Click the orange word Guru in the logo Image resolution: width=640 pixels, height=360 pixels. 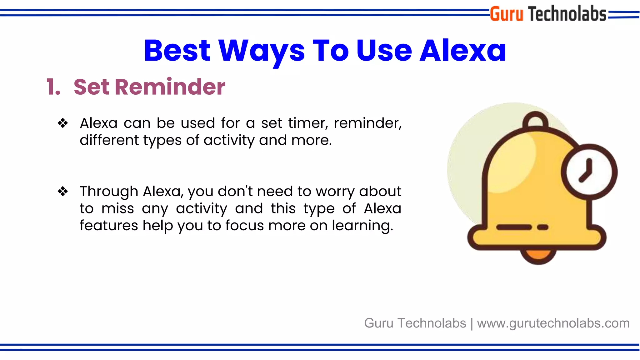tap(506, 14)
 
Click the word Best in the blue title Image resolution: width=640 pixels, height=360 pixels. tap(177, 51)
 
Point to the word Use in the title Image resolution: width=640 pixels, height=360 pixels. tap(384, 51)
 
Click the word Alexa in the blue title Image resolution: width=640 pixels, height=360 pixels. tap(462, 51)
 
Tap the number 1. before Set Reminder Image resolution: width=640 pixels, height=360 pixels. tap(53, 87)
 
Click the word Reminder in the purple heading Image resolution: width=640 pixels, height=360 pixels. tap(170, 87)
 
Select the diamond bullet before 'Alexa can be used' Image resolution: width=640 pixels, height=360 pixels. tap(63, 123)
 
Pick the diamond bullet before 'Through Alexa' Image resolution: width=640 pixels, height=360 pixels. tap(63, 191)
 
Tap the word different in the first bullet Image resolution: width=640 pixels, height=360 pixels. tap(109, 140)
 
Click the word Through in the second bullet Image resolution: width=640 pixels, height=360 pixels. tap(109, 191)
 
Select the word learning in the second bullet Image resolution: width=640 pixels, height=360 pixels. tap(362, 226)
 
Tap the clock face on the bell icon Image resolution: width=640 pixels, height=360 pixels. tap(589, 172)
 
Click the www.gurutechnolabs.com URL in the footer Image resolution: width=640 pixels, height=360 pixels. tap(553, 323)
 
